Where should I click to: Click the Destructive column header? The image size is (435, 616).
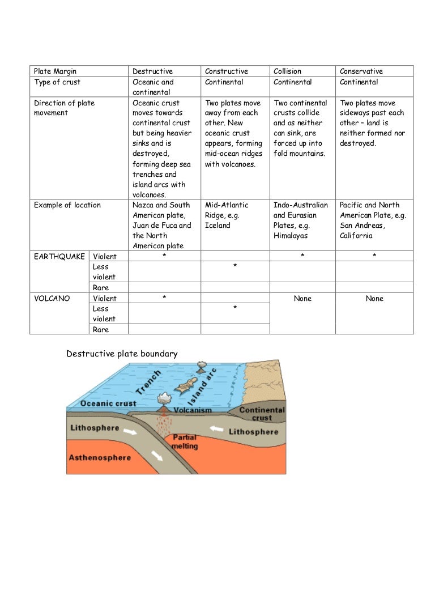152,71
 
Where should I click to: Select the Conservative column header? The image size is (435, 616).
361,71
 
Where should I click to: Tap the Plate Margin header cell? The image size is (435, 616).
55,71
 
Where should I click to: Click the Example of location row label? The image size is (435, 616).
67,205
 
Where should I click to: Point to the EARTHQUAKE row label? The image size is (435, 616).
59,257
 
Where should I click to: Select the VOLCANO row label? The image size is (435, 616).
52,299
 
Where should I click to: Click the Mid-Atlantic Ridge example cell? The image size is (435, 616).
227,215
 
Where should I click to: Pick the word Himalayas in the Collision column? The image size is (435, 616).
291,236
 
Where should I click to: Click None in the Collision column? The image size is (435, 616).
302,299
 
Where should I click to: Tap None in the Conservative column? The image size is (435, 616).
374,299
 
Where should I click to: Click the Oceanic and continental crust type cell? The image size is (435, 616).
153,87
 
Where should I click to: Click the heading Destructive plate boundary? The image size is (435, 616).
122,354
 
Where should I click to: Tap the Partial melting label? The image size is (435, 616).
185,442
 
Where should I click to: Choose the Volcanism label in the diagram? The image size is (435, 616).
193,410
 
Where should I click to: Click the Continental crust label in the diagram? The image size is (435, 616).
262,414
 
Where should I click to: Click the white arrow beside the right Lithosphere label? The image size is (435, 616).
216,430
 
